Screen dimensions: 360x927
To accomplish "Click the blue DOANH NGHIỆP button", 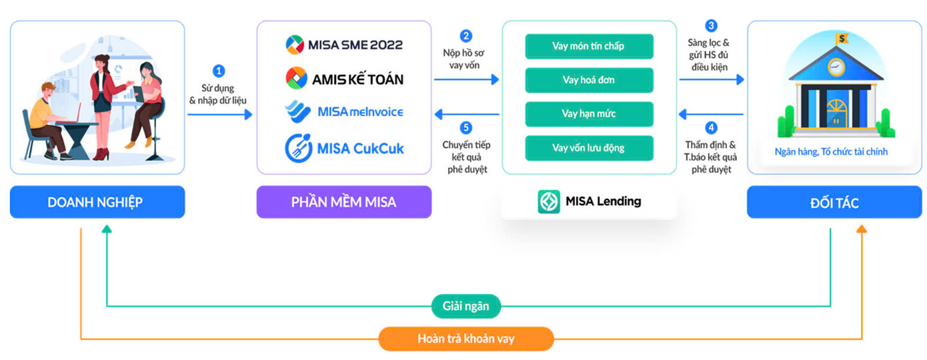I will point(97,202).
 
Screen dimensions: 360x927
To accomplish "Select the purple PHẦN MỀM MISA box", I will point(344,202).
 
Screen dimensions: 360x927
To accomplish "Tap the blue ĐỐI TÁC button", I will point(834,202).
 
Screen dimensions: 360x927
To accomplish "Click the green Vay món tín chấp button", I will point(589,47).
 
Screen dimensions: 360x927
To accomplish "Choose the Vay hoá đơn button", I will point(589,80).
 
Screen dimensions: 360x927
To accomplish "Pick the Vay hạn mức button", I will point(589,113).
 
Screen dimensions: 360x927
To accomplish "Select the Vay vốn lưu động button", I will point(589,147).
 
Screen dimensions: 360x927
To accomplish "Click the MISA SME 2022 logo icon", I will point(295,45).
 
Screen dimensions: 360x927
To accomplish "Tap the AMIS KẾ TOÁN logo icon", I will point(296,79).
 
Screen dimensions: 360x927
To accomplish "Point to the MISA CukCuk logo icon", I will point(295,147).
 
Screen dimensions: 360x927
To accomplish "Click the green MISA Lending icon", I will point(549,201).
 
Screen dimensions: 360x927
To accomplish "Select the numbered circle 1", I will point(219,71).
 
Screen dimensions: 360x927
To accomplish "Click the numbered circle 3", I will point(712,26).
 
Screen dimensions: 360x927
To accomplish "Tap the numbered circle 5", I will point(466,127).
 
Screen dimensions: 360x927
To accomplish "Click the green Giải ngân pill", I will point(466,307).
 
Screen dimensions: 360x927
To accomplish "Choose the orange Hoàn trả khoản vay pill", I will point(466,339).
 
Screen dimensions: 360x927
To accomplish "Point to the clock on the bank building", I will point(836,67).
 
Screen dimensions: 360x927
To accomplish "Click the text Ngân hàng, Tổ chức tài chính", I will point(831,152).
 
